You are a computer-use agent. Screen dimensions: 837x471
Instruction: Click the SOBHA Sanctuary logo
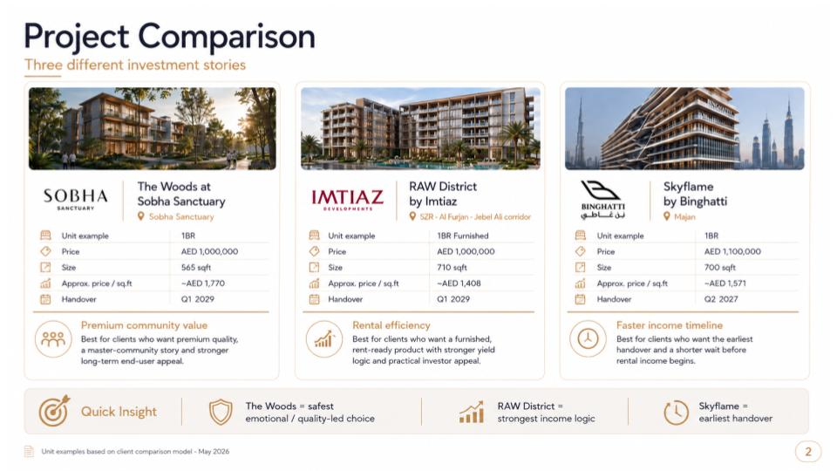(x=75, y=199)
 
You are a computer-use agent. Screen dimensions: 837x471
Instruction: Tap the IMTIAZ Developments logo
(x=348, y=200)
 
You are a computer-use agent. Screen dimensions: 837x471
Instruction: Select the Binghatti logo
(x=602, y=199)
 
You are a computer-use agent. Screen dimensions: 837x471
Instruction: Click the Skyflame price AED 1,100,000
(x=732, y=251)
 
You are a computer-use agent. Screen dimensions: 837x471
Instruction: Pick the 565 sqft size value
(x=196, y=268)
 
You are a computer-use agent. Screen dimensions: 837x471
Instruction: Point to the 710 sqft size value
(x=452, y=268)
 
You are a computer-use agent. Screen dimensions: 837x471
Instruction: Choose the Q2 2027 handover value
(x=721, y=299)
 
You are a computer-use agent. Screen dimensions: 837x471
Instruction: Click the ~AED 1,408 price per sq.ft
(x=459, y=283)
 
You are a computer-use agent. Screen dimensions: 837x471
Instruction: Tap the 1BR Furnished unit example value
(x=462, y=235)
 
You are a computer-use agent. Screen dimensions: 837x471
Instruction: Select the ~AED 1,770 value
(x=203, y=283)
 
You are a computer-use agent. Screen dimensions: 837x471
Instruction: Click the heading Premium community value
(x=144, y=325)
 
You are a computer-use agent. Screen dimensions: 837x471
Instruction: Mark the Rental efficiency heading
(x=391, y=325)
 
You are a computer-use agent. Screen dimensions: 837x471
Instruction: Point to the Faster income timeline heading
(x=670, y=325)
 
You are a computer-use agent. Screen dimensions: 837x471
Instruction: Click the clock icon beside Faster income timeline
(x=588, y=338)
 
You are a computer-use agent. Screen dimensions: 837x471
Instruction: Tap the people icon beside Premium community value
(x=53, y=339)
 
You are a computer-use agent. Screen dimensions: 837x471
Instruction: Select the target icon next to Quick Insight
(x=54, y=411)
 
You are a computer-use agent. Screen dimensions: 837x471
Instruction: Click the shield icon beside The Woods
(x=221, y=412)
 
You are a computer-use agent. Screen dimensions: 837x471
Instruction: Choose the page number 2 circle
(x=808, y=452)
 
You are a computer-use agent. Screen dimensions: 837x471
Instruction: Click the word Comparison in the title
(x=227, y=38)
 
